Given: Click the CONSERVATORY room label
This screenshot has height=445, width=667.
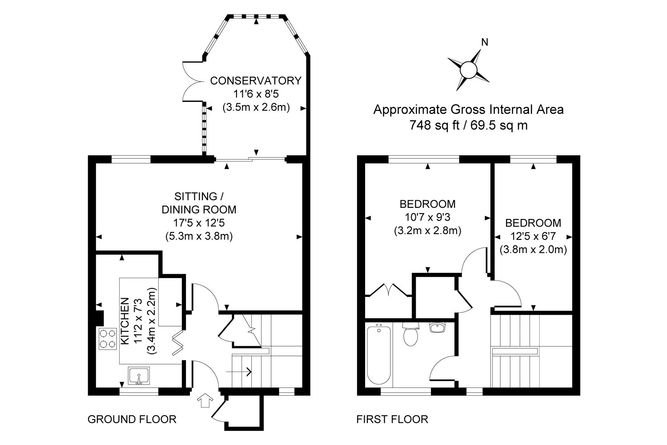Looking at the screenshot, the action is (x=256, y=81).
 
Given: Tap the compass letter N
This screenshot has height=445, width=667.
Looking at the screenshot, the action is (x=485, y=43).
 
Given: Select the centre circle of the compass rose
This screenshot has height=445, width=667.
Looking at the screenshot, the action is (x=468, y=70).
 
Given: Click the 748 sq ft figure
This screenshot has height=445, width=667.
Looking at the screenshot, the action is (x=435, y=125).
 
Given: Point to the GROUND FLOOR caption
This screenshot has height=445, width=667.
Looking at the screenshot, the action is (x=132, y=419).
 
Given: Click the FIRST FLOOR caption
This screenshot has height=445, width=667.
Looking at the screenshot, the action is (x=392, y=419).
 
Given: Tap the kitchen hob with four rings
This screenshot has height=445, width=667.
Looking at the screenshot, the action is (x=108, y=339).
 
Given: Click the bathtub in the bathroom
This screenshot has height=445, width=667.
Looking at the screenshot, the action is (x=379, y=355).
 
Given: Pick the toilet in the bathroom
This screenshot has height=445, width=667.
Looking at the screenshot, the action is (x=410, y=334).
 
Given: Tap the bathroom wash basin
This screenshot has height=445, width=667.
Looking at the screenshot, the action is (x=438, y=327).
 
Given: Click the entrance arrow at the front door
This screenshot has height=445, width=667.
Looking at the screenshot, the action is (x=205, y=400).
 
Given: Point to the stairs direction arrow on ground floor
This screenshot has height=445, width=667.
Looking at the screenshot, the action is (x=239, y=372).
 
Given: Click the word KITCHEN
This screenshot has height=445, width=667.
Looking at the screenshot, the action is (x=125, y=321).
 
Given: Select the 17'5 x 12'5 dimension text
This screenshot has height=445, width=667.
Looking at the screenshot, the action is (x=199, y=223).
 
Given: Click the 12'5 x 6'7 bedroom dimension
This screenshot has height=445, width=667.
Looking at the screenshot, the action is (x=533, y=236).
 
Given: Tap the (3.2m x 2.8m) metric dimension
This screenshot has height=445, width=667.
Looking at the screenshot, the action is (x=428, y=231).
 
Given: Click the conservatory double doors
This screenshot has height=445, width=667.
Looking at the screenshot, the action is (x=193, y=82).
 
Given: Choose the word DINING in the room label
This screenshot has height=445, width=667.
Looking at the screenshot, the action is (x=180, y=210).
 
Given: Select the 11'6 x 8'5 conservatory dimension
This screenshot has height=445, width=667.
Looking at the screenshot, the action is (x=256, y=94).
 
